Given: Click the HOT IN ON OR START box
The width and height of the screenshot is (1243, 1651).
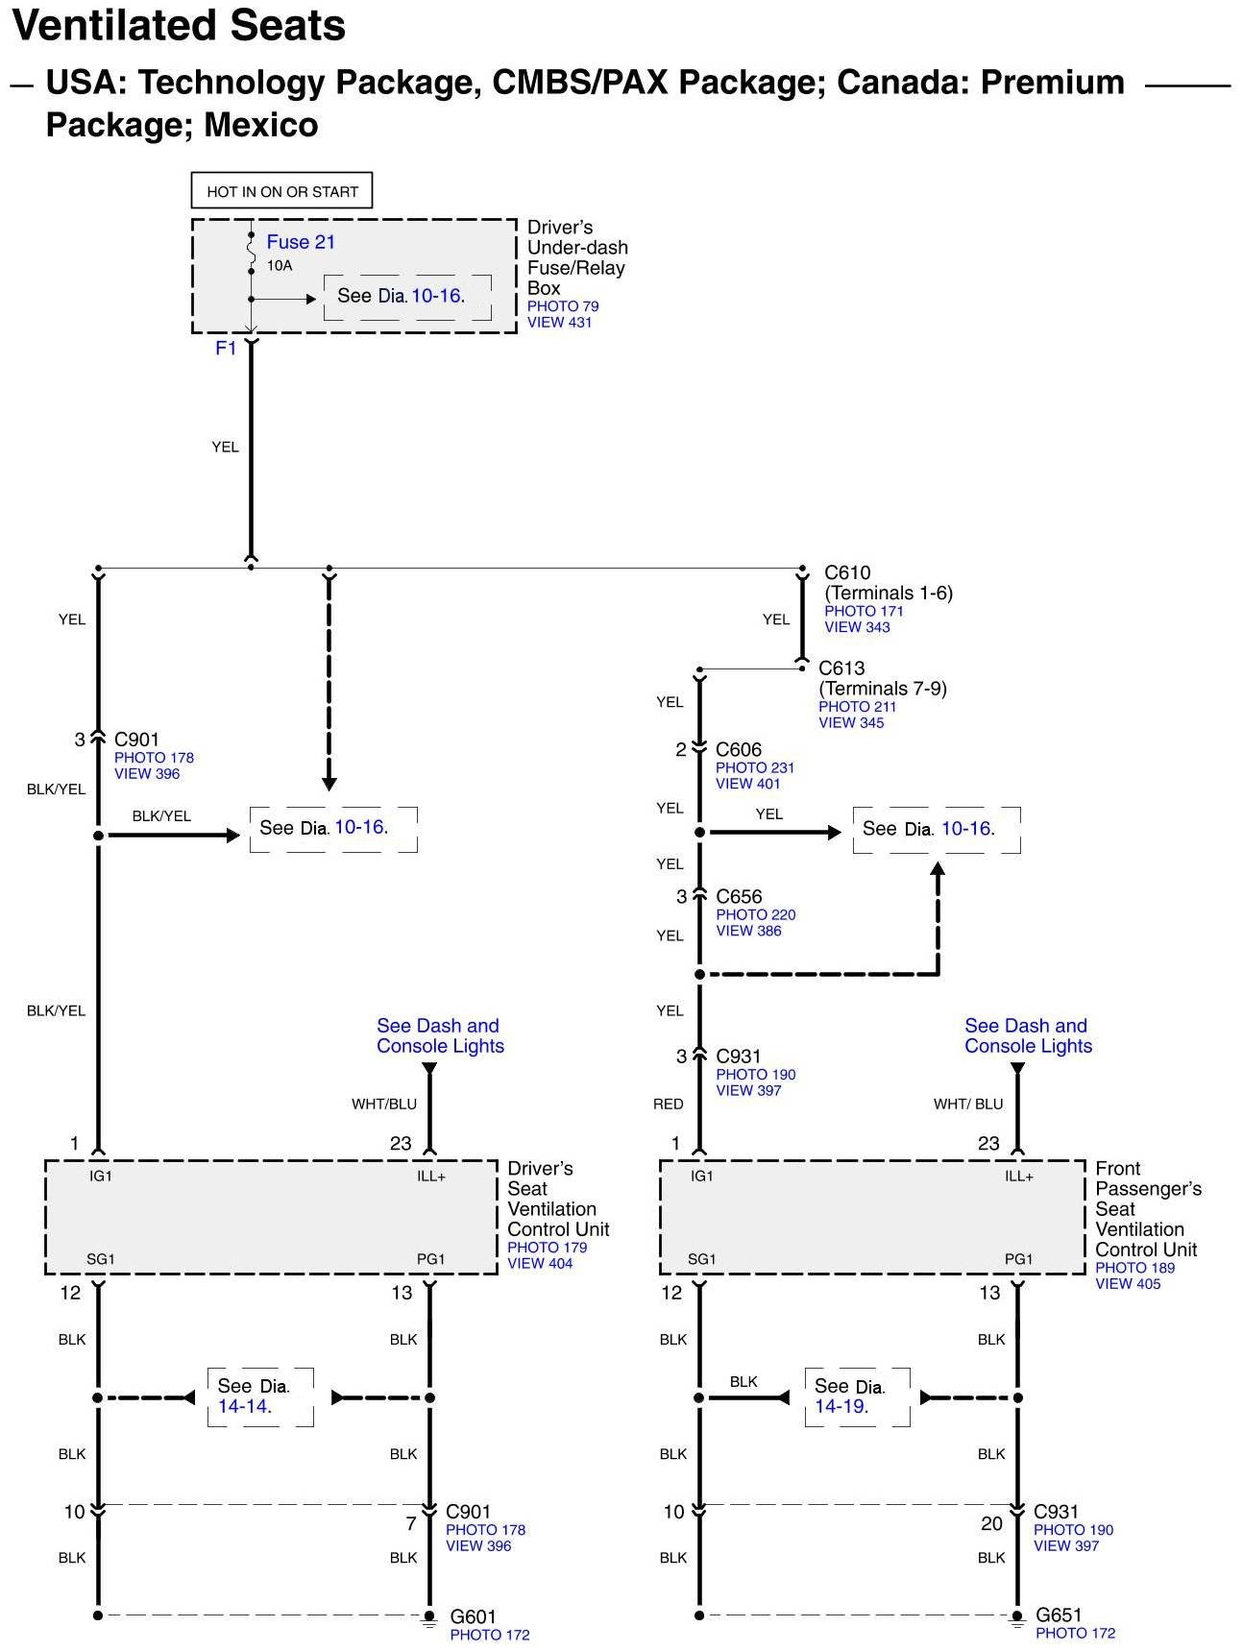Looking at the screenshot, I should point(281,191).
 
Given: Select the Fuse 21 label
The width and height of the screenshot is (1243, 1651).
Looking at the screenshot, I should point(301,242).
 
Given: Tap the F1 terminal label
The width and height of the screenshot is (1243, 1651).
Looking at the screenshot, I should point(226,348).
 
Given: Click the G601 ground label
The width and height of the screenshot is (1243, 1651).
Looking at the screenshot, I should point(474,1616).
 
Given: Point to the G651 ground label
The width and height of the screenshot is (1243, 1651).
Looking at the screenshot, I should point(1059,1615).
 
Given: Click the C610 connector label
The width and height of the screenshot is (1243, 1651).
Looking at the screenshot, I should point(847,572).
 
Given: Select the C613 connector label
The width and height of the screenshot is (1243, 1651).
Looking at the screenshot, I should point(841,668).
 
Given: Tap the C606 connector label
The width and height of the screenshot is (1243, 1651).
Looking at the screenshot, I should point(739,749).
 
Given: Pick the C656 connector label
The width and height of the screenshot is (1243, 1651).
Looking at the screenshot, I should point(739,896).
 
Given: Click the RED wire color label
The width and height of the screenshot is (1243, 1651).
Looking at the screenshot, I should point(669,1104).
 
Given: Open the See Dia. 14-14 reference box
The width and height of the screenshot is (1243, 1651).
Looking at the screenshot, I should point(260,1396).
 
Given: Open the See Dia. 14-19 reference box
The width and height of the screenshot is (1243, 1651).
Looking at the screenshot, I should point(857,1396).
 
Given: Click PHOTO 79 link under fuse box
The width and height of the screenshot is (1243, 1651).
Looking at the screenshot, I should point(563,306).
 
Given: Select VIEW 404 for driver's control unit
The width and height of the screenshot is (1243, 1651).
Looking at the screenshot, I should point(540,1263).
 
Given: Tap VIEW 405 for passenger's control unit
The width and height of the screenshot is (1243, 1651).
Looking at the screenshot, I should point(1128,1283).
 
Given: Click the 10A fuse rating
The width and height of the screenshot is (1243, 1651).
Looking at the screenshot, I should point(280,265).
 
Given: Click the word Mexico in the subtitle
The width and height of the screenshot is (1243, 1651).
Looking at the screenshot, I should point(261,125).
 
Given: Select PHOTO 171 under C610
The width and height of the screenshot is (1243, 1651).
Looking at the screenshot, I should point(864,611).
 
